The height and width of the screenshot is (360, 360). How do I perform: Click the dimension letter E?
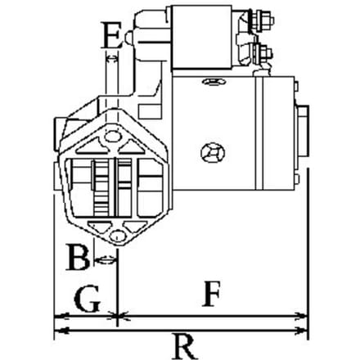[112, 35]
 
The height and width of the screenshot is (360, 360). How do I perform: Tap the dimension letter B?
[78, 257]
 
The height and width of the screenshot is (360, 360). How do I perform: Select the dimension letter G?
[87, 299]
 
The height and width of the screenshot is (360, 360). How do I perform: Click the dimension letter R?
[184, 347]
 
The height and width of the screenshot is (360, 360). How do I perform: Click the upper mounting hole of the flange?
[112, 136]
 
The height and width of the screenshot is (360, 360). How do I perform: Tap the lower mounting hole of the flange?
[118, 236]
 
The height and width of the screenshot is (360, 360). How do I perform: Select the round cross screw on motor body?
[213, 153]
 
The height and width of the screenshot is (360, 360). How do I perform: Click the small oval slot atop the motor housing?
[214, 82]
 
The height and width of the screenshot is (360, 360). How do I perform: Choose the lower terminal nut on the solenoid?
[263, 53]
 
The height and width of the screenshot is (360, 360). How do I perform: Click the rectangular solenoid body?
[201, 37]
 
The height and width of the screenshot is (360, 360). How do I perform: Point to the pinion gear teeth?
[101, 187]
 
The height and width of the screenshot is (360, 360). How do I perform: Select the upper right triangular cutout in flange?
[132, 146]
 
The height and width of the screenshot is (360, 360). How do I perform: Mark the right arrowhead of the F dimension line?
[301, 317]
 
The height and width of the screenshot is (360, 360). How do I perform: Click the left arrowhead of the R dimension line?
[61, 331]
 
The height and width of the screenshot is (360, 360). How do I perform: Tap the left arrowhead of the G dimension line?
[61, 317]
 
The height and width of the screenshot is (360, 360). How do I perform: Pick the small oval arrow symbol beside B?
[106, 259]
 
